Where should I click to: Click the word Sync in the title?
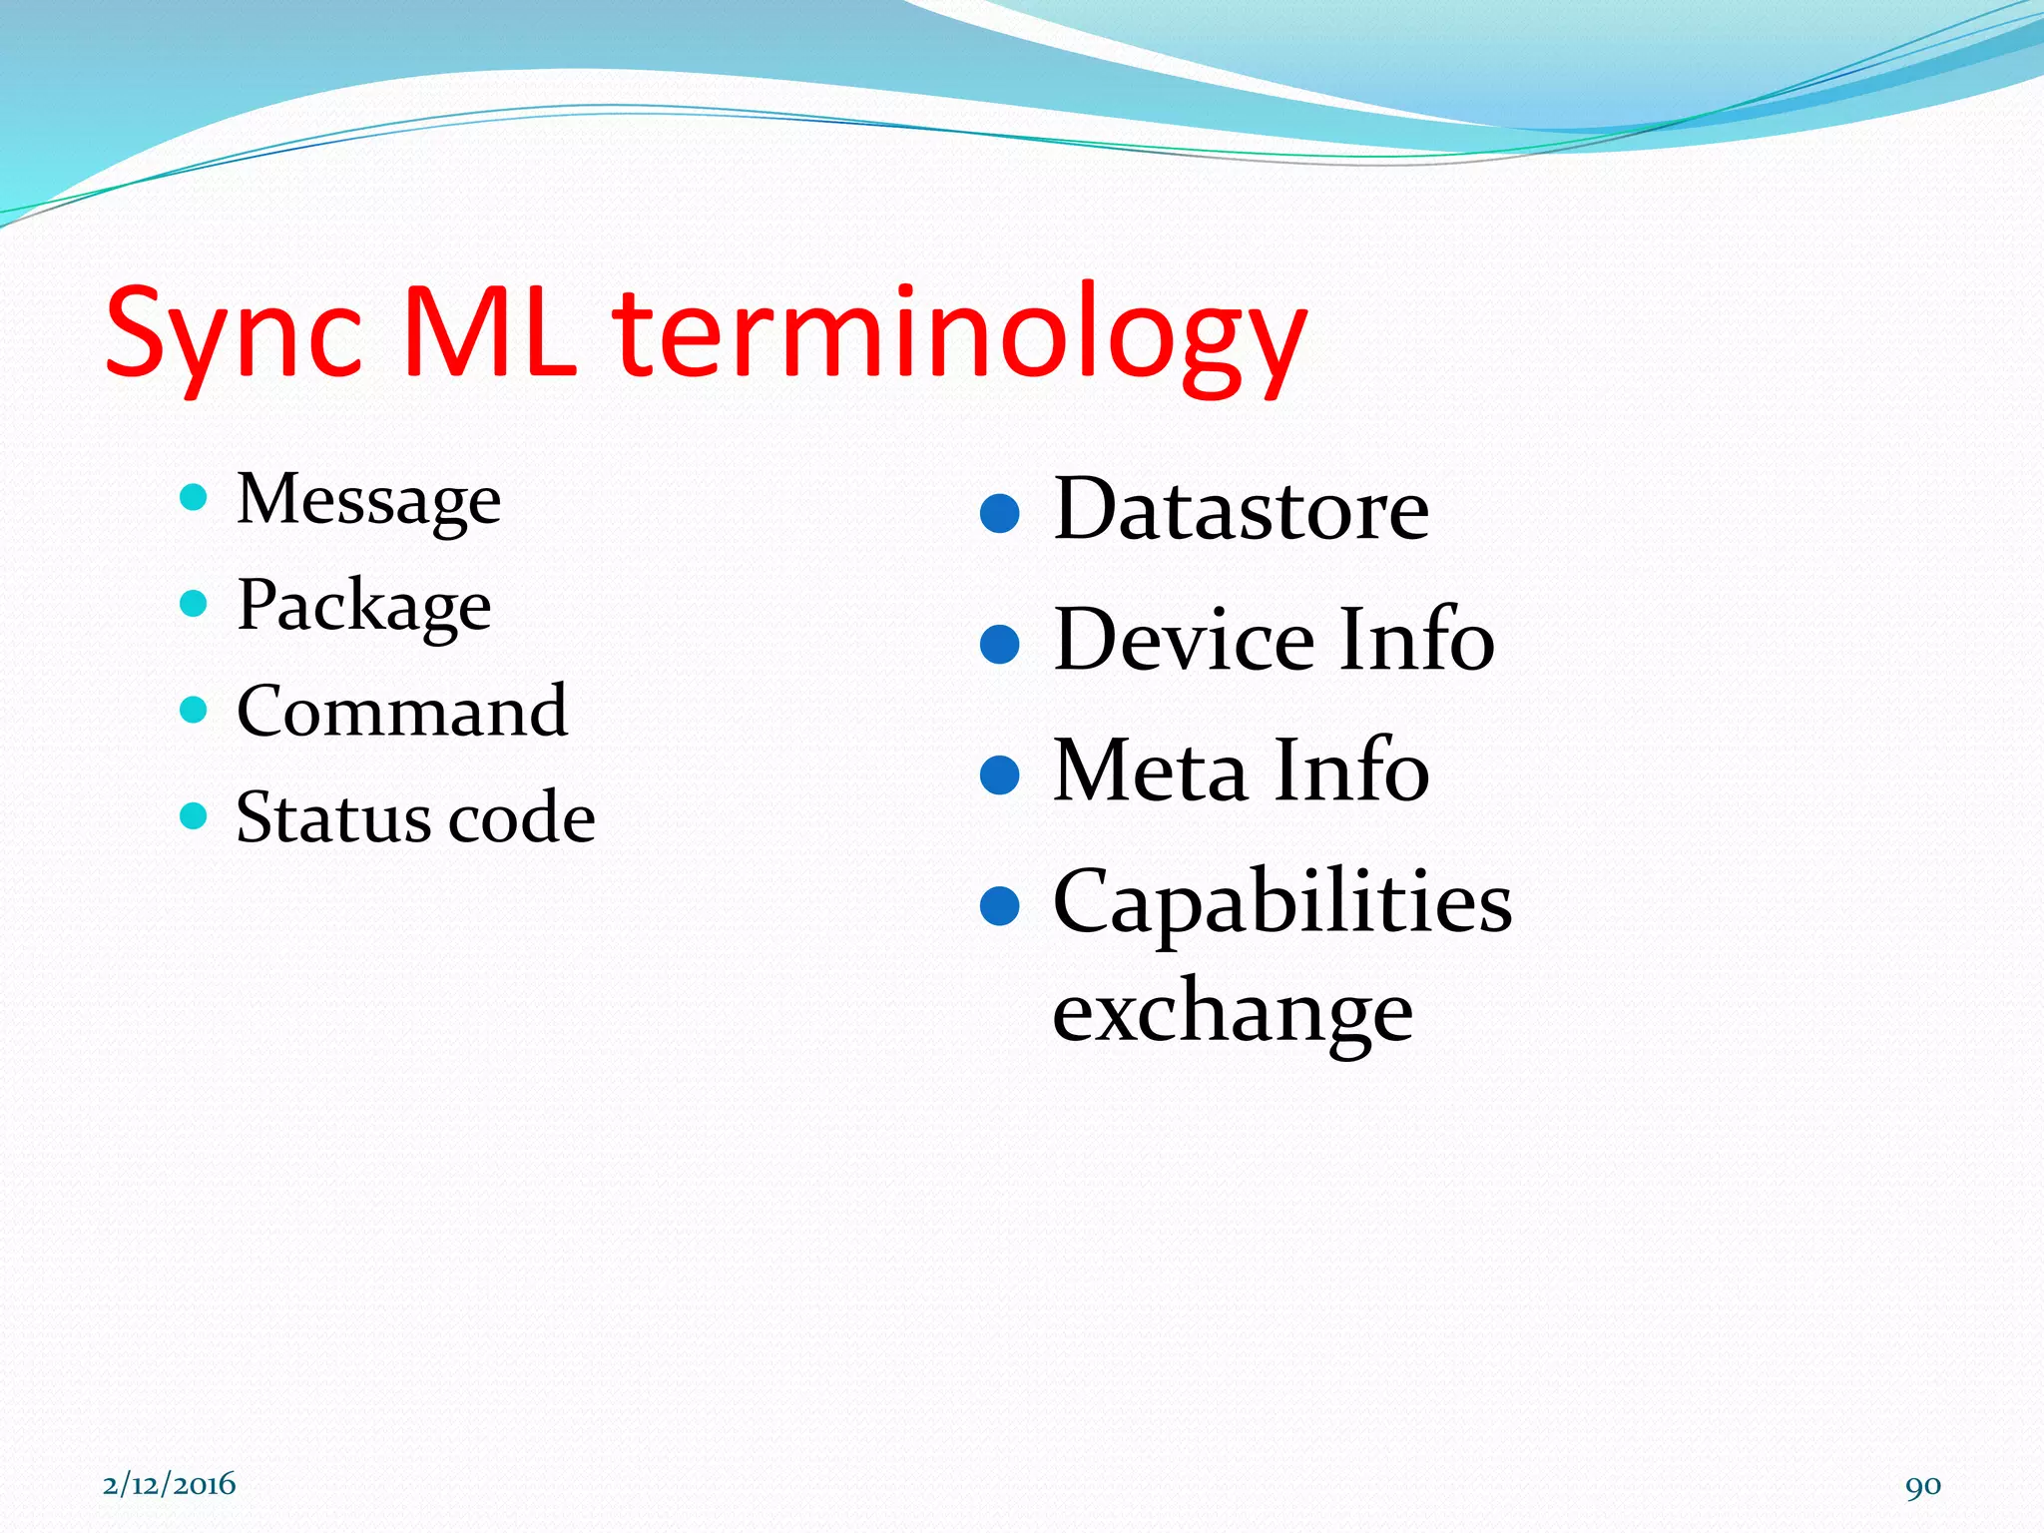pos(234,334)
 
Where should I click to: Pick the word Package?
pos(363,606)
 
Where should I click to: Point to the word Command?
pos(402,712)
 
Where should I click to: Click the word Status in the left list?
pos(333,818)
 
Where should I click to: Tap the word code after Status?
pos(521,818)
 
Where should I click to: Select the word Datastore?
pos(1241,511)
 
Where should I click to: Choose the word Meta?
pos(1151,770)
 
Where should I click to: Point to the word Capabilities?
pos(1282,902)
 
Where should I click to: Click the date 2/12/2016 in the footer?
pos(169,1484)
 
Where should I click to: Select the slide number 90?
pos(1922,1486)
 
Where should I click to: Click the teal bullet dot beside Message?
pos(194,497)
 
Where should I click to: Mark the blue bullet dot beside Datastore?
pos(999,514)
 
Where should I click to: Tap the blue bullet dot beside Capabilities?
pos(999,906)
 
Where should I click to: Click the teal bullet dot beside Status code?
pos(194,816)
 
